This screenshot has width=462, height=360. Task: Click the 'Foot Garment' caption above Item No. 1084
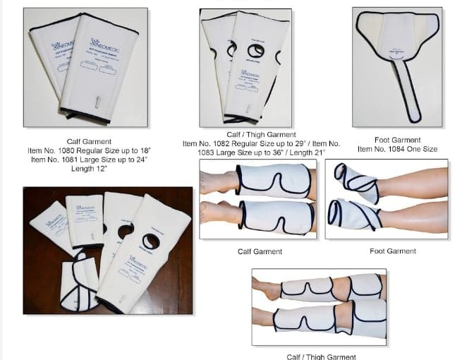click(x=397, y=140)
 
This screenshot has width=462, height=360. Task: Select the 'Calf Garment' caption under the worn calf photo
click(x=260, y=251)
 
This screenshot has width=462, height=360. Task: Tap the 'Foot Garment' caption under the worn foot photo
click(x=392, y=251)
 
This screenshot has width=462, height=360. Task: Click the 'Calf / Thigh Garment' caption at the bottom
click(x=321, y=356)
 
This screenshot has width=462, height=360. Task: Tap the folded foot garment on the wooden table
click(x=78, y=282)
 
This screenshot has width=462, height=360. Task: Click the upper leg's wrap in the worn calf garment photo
click(x=273, y=181)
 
